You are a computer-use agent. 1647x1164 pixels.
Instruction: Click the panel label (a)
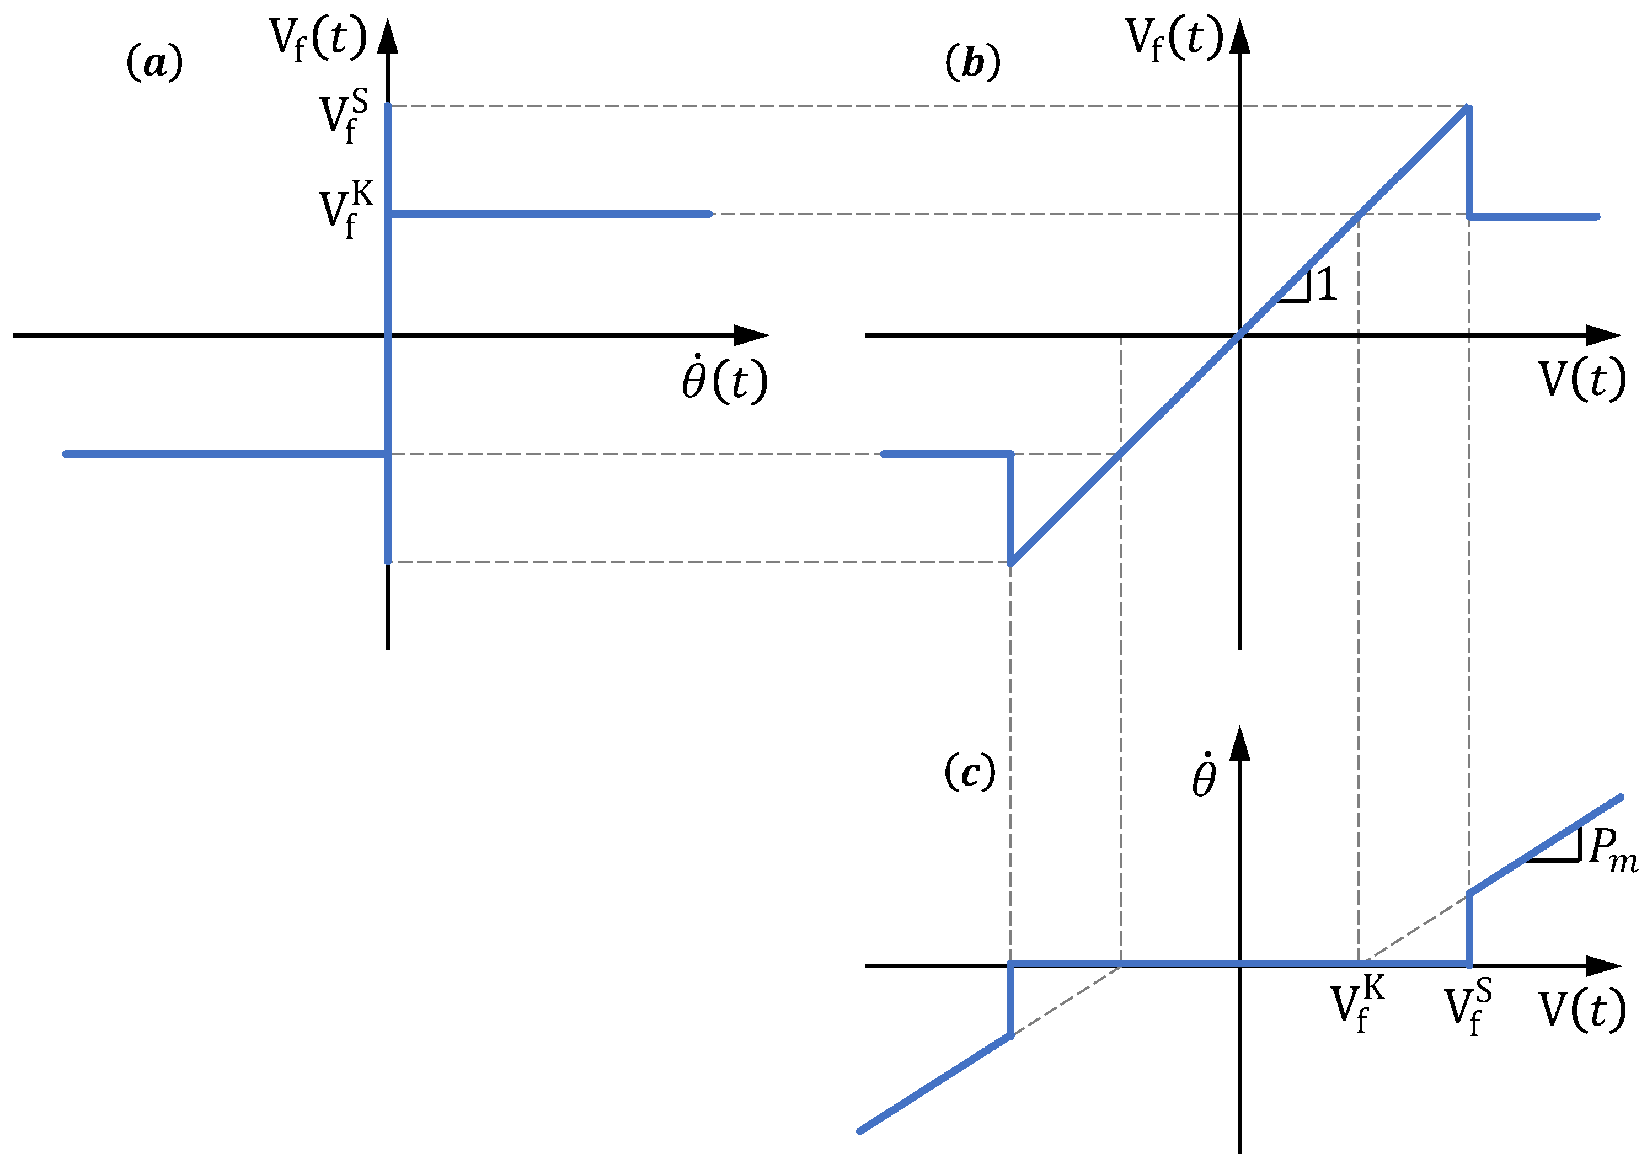pyautogui.click(x=154, y=63)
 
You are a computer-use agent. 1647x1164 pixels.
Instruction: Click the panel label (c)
pyautogui.click(x=970, y=773)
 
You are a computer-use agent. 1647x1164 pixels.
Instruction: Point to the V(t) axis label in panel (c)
pyautogui.click(x=1582, y=1010)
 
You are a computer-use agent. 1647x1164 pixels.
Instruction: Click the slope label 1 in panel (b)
pyautogui.click(x=1327, y=284)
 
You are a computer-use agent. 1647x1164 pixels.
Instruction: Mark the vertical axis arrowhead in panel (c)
pyautogui.click(x=1239, y=744)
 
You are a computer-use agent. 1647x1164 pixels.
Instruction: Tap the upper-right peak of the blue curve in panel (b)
pyautogui.click(x=1468, y=108)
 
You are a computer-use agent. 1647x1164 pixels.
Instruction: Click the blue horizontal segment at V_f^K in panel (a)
pyautogui.click(x=549, y=214)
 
